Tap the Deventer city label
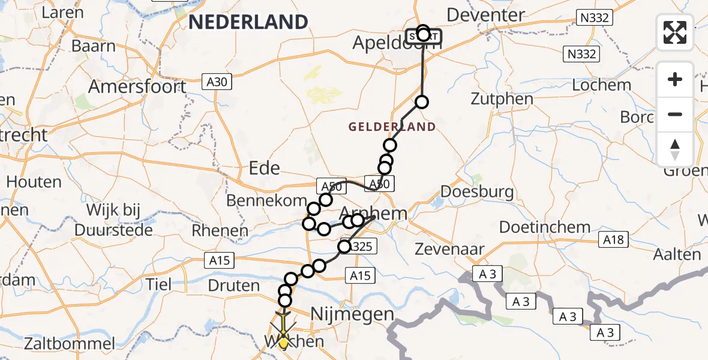click(x=486, y=14)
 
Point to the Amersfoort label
click(x=137, y=86)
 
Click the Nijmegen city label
click(x=352, y=314)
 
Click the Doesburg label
click(x=478, y=192)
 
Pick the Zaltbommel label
click(x=70, y=344)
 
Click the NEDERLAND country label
click(x=248, y=22)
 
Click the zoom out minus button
click(x=675, y=114)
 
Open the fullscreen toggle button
click(x=675, y=32)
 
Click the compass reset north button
click(x=675, y=149)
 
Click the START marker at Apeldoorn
click(x=424, y=36)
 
